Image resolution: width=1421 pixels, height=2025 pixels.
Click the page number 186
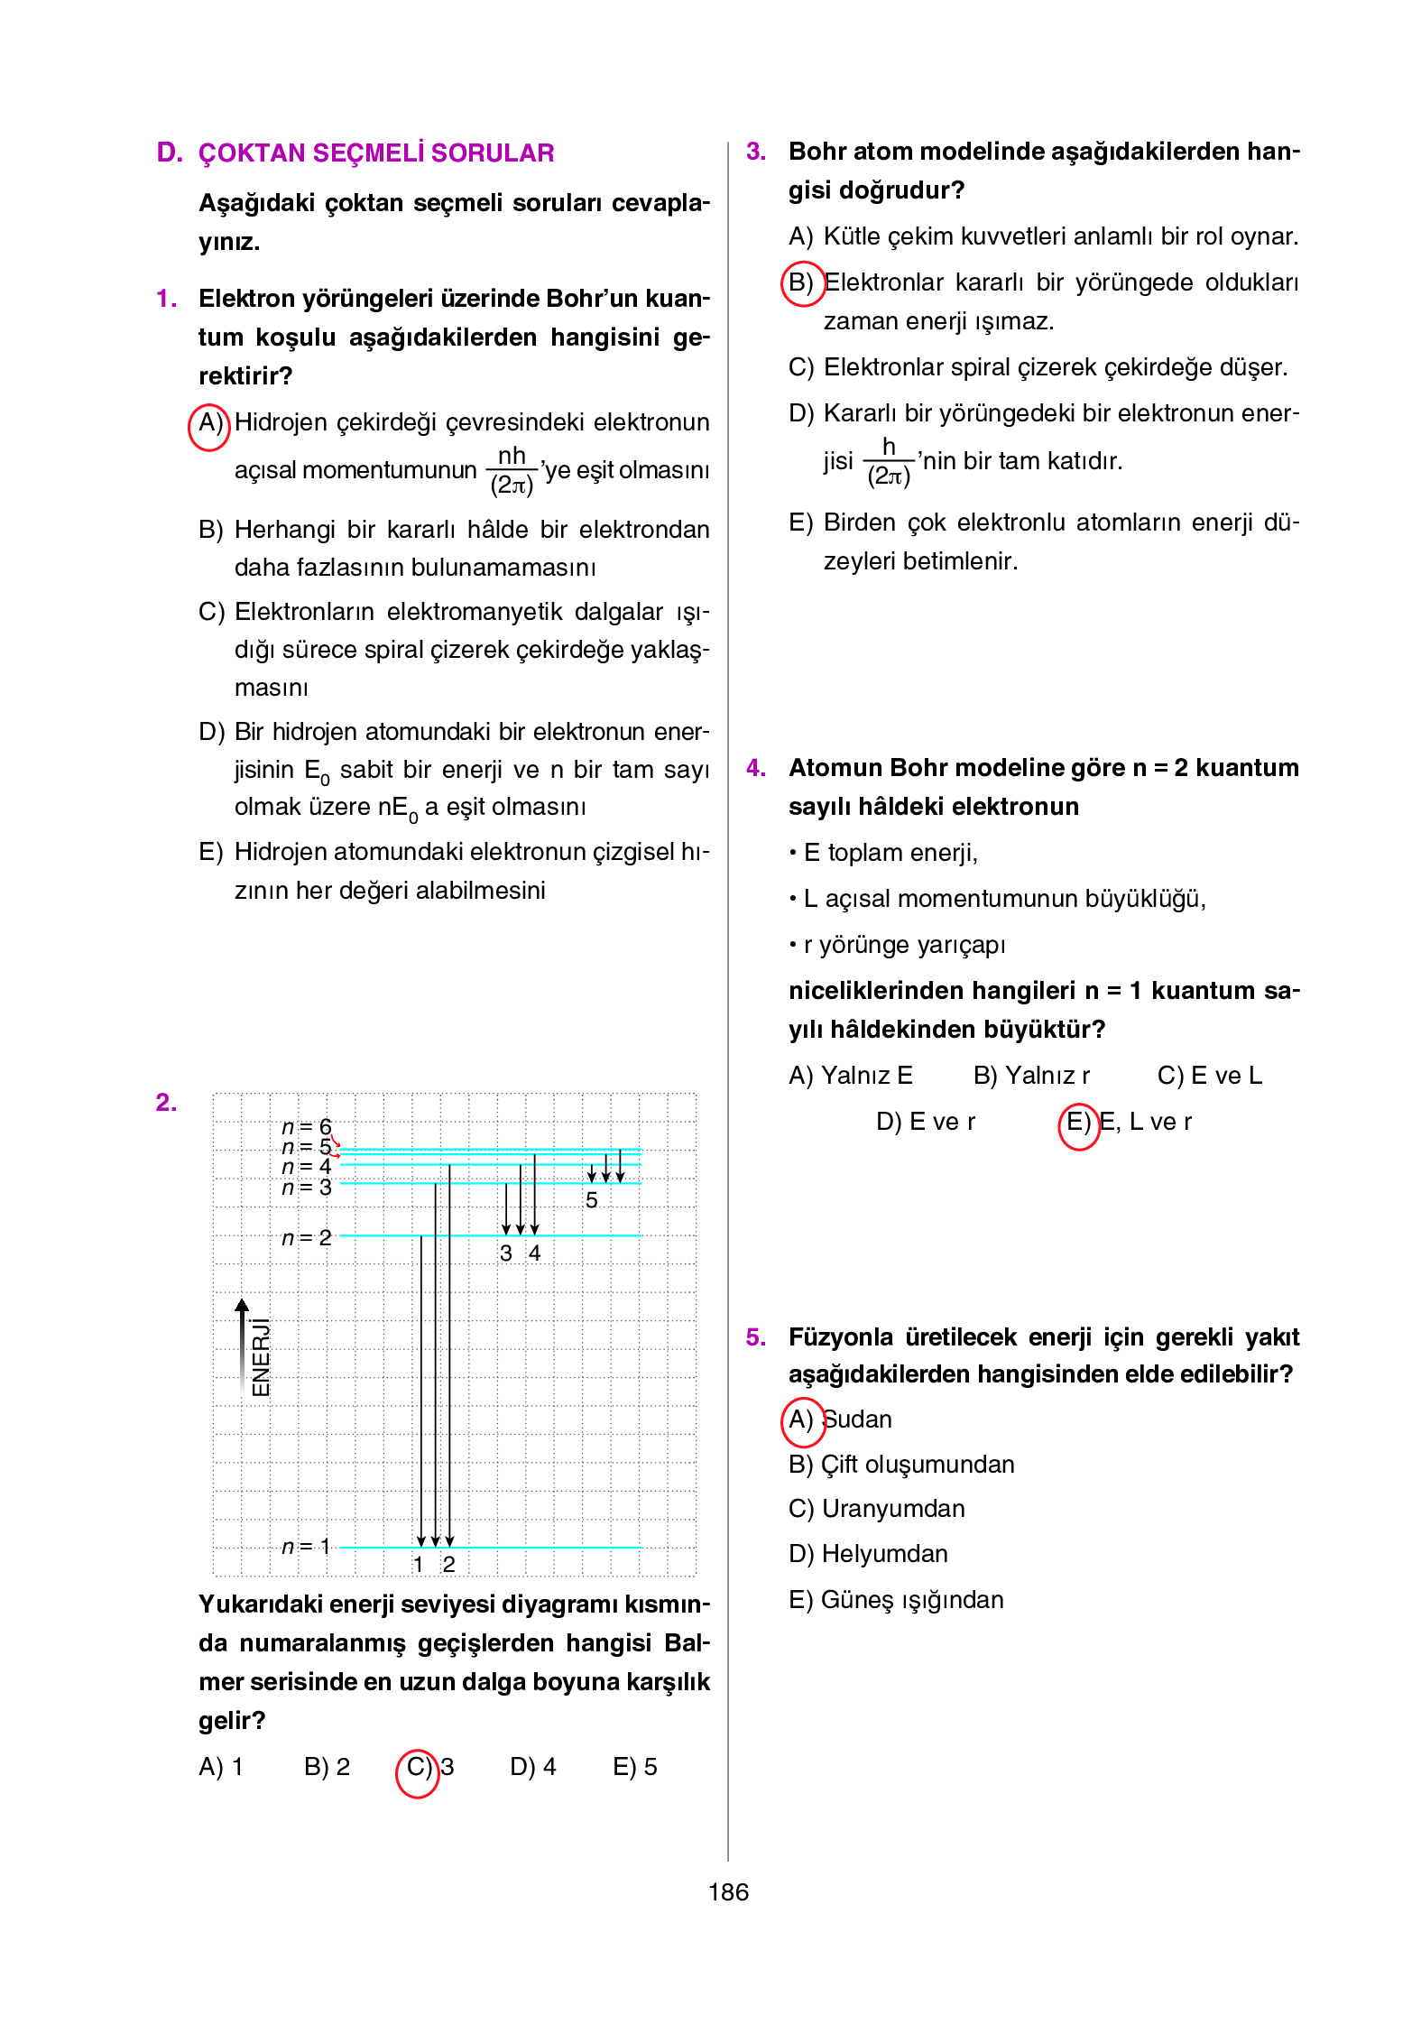727,1891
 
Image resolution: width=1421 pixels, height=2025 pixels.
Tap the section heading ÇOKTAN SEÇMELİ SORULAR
375,153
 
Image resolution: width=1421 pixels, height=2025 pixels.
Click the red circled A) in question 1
209,424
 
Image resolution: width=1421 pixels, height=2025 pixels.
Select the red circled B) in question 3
801,283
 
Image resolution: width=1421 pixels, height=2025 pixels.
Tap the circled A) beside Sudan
801,1419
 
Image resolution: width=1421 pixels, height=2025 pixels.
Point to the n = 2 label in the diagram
307,1238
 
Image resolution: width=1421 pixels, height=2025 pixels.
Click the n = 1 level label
307,1547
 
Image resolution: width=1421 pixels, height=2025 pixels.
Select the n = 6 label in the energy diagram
307,1127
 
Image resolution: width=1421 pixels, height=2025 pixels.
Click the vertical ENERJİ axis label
261,1357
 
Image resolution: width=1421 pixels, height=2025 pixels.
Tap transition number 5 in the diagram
592,1201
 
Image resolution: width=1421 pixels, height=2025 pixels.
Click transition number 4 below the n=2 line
535,1253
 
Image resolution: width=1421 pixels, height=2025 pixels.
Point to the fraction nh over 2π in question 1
512,470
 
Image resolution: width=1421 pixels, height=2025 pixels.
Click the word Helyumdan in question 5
884,1554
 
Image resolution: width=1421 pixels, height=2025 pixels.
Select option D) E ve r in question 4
926,1122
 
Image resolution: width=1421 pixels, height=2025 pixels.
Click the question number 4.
755,768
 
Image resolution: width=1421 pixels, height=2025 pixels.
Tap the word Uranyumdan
893,1509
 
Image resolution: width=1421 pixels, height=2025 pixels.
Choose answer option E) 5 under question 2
634,1767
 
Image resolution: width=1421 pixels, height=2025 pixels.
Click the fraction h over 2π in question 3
889,462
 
